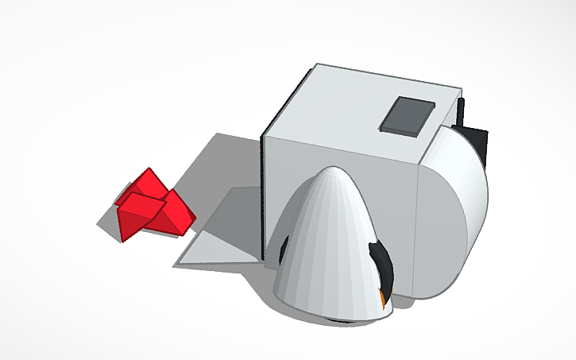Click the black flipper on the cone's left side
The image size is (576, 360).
[x=282, y=249]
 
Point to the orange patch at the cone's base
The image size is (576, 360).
[x=384, y=300]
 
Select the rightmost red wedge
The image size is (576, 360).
[x=179, y=215]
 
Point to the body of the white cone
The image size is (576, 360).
[x=330, y=254]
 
